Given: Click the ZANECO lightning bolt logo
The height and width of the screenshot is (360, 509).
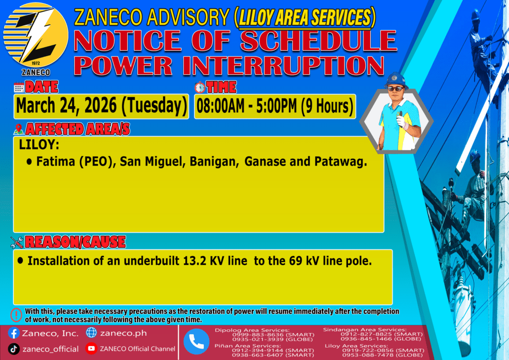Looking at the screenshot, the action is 36,35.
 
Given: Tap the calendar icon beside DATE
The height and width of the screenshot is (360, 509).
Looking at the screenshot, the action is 19,88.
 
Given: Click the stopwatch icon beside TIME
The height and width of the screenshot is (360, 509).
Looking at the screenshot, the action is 200,88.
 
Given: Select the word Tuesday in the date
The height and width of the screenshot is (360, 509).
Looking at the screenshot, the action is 154,106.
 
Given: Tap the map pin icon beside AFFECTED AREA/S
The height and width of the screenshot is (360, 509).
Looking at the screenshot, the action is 19,129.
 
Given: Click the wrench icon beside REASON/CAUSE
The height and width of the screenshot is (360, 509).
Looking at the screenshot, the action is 16,242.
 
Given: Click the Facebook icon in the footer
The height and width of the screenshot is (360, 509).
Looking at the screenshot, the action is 13,333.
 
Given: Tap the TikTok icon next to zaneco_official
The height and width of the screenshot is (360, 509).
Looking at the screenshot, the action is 13,349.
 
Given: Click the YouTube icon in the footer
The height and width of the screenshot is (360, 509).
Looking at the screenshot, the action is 91,349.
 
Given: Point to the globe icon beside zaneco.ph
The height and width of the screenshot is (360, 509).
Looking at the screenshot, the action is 91,333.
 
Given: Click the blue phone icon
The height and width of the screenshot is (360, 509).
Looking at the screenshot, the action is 196,342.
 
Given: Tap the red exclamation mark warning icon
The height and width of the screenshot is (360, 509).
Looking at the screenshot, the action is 16,315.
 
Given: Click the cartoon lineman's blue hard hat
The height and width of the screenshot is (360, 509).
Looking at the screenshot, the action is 396,80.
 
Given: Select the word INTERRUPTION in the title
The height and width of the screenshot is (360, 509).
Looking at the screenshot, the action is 283,66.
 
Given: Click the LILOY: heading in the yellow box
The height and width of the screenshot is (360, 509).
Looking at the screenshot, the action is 39,145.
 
